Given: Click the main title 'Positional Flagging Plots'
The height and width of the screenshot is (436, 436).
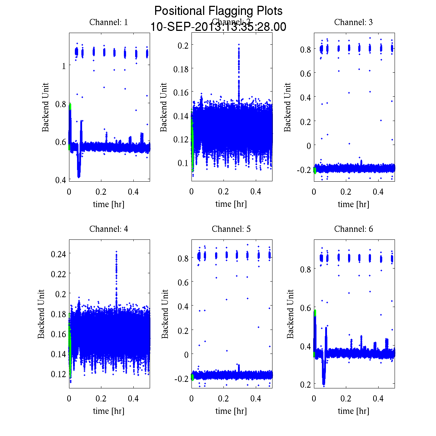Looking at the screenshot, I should pyautogui.click(x=218, y=11).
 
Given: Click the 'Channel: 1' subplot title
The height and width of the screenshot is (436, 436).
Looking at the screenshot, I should pyautogui.click(x=109, y=22).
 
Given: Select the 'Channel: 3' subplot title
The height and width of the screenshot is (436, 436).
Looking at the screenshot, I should pyautogui.click(x=353, y=22).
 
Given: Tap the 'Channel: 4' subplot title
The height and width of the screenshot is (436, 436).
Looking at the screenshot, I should pyautogui.click(x=109, y=229).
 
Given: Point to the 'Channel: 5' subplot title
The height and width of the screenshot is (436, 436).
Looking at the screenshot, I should pyautogui.click(x=231, y=229).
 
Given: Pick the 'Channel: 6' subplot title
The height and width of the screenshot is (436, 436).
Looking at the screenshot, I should pyautogui.click(x=353, y=229).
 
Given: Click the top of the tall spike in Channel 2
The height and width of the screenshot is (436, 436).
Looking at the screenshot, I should pyautogui.click(x=239, y=45).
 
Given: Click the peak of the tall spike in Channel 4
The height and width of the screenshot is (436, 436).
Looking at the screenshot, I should pyautogui.click(x=116, y=251).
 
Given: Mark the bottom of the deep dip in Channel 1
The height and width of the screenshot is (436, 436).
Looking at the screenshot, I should pyautogui.click(x=79, y=177).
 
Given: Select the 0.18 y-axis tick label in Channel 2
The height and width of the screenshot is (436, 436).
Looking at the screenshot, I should pyautogui.click(x=181, y=69).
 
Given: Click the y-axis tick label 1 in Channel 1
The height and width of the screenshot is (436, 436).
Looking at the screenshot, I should pyautogui.click(x=64, y=66).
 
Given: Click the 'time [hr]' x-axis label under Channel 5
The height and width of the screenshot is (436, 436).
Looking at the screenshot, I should pyautogui.click(x=231, y=411).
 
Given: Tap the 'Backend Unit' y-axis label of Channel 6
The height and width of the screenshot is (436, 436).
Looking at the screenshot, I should pyautogui.click(x=290, y=314).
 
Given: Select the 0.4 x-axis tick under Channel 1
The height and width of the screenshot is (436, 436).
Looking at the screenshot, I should pyautogui.click(x=134, y=192).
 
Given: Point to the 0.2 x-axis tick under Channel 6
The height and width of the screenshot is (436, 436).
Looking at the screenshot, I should pyautogui.click(x=346, y=399).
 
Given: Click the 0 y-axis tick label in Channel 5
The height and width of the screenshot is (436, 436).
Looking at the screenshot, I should pyautogui.click(x=186, y=354).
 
